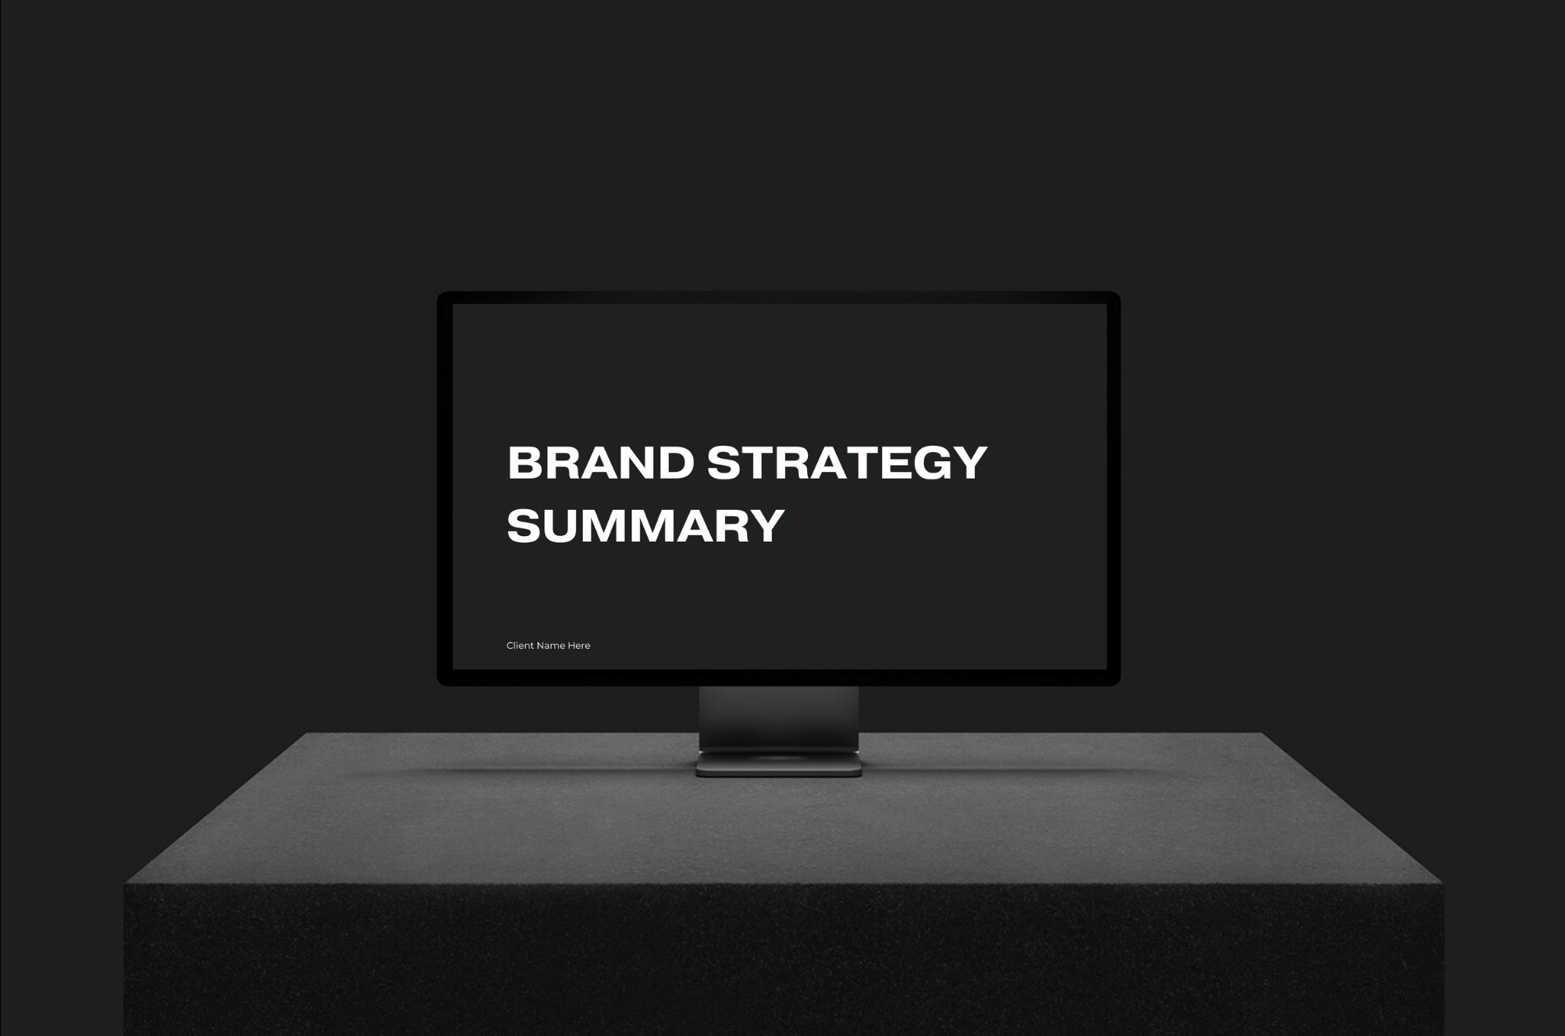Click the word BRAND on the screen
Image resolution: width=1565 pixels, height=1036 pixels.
(601, 462)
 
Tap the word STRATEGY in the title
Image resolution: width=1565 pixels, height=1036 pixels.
(847, 462)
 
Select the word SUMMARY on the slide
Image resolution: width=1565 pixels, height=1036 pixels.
(645, 525)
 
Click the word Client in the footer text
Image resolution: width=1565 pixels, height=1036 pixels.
(519, 645)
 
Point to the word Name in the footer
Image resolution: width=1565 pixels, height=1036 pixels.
(551, 645)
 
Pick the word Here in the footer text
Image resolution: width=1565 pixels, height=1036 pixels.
(579, 645)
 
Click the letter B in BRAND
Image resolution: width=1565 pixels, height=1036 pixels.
(525, 462)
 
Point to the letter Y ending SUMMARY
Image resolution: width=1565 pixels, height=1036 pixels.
(767, 525)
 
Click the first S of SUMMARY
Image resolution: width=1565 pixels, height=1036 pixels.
(524, 525)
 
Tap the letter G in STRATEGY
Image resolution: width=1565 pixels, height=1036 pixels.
(932, 462)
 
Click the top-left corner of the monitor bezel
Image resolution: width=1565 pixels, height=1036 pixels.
(437, 292)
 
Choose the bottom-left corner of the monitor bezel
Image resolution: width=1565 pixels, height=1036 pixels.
(437, 685)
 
